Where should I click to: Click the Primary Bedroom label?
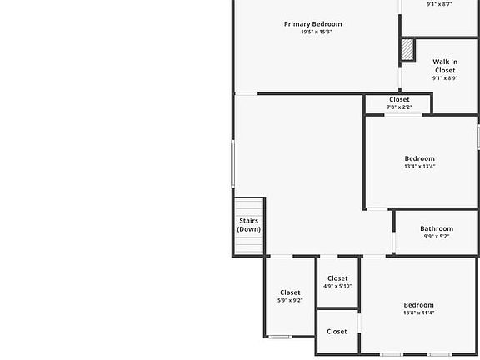[x=312, y=24]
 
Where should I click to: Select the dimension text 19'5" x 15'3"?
[x=317, y=32]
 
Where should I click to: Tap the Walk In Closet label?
[x=444, y=66]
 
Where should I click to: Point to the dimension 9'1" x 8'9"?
[x=444, y=78]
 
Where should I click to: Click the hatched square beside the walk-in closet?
[x=407, y=51]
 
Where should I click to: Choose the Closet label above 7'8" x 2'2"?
[x=399, y=100]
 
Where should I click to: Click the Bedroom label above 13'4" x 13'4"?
[x=419, y=158]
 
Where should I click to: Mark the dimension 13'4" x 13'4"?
[x=419, y=167]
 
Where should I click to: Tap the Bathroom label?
[x=436, y=228]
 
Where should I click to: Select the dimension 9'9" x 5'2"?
[x=436, y=237]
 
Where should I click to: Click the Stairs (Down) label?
[x=247, y=225]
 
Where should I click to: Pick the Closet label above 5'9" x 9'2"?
[x=290, y=292]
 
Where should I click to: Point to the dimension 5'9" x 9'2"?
[x=290, y=301]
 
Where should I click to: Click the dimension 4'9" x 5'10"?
[x=337, y=287]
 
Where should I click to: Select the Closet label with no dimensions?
[x=337, y=332]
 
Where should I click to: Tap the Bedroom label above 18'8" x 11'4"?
[x=418, y=305]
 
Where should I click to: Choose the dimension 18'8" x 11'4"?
[x=418, y=313]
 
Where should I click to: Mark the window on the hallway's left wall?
[x=233, y=163]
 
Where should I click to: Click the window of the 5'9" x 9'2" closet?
[x=279, y=337]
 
